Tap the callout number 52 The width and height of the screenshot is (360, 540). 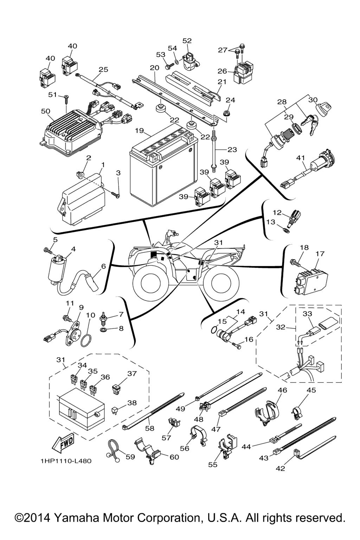point(187,41)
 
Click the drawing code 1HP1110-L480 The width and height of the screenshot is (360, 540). point(66,461)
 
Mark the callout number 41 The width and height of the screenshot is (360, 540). point(301,158)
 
